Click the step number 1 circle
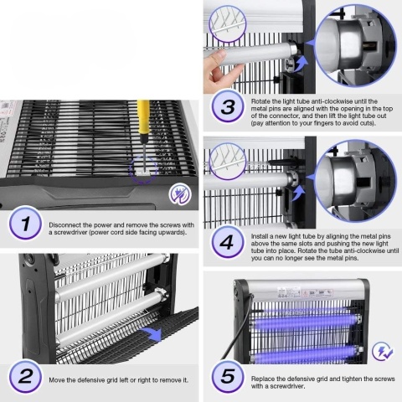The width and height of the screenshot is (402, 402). tap(25, 224)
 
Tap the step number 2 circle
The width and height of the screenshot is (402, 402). tap(25, 376)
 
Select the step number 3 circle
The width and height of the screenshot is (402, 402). tap(228, 106)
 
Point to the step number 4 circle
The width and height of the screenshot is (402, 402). tap(227, 242)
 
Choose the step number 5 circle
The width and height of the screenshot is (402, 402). tap(228, 376)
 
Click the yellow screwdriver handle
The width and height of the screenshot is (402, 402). tap(143, 118)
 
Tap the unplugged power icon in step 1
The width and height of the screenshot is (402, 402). tap(180, 193)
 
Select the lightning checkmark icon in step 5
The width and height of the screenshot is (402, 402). tap(383, 352)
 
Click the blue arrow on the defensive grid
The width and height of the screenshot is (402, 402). tap(152, 333)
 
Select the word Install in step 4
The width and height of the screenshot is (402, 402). tap(260, 236)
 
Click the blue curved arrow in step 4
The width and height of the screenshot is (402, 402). tap(298, 193)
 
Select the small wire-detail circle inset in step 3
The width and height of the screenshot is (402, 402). tap(228, 24)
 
